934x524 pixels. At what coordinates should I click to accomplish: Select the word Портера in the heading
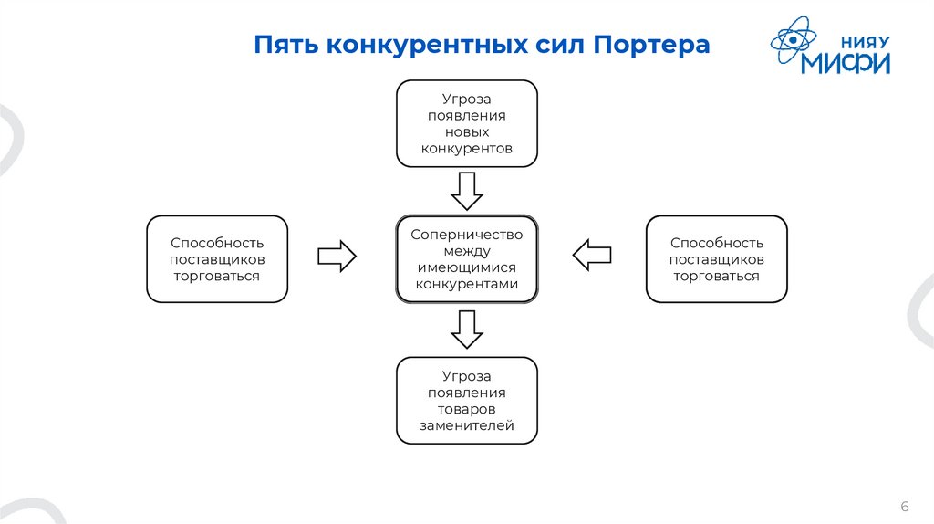pos(652,45)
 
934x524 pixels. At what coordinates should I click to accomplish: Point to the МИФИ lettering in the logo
pos(846,63)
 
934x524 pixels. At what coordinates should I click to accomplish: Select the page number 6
pos(905,507)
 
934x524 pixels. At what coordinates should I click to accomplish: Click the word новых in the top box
pos(466,131)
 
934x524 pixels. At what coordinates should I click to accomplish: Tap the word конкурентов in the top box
pos(466,148)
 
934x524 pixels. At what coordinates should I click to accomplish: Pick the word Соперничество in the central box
pos(466,235)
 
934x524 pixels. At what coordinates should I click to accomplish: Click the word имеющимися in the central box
pos(466,267)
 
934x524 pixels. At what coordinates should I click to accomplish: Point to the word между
pos(466,251)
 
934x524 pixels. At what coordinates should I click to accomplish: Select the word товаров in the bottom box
pos(466,409)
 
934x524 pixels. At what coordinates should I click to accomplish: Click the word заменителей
pos(466,425)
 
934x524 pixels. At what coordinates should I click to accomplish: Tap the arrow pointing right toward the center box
pos(336,256)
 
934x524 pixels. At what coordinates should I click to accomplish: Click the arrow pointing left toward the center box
pos(593,255)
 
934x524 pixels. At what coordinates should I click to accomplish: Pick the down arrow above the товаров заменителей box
pos(467,329)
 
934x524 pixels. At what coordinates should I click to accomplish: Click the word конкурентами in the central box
pos(466,284)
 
